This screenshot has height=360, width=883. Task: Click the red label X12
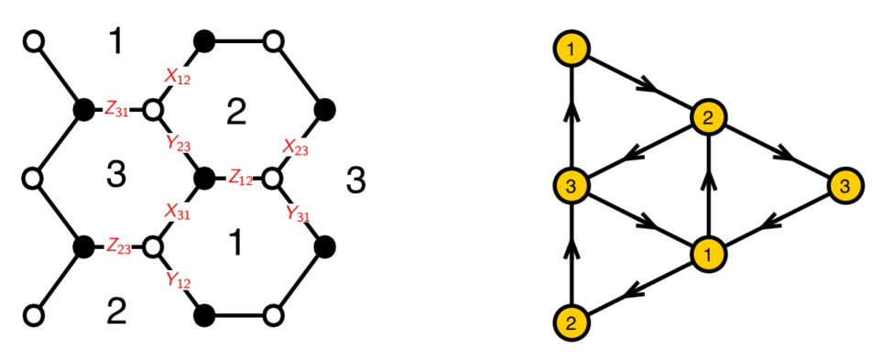click(x=178, y=78)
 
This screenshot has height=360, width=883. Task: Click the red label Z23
click(x=118, y=245)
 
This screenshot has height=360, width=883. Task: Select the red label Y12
click(x=179, y=278)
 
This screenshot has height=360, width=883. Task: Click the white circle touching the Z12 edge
click(x=272, y=176)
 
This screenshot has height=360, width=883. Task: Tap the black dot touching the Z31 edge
click(x=84, y=110)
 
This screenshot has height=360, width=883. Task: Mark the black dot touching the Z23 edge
click(x=84, y=245)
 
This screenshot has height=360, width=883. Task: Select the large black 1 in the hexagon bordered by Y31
click(x=236, y=243)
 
